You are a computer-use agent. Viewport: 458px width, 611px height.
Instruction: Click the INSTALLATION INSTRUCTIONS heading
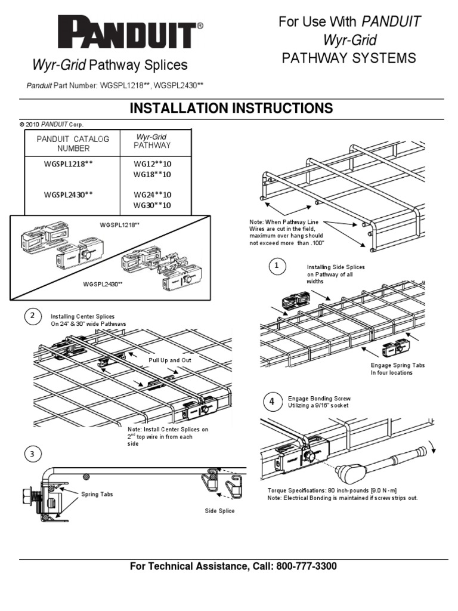(x=231, y=108)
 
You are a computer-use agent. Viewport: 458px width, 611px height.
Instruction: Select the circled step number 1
(x=276, y=267)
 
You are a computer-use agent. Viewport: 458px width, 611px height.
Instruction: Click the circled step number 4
(x=272, y=402)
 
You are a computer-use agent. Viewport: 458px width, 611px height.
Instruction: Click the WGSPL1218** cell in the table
(x=69, y=163)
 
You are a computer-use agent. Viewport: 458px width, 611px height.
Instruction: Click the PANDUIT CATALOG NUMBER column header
(x=73, y=144)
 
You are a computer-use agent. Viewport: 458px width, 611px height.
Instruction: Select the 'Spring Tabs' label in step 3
(x=97, y=494)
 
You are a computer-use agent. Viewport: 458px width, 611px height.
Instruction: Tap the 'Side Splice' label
(x=219, y=511)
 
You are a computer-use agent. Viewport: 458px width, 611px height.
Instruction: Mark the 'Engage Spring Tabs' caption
(x=398, y=365)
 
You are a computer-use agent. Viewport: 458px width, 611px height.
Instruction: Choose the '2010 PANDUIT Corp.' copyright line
(x=51, y=124)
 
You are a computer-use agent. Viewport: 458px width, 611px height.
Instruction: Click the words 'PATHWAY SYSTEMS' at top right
(x=349, y=58)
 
